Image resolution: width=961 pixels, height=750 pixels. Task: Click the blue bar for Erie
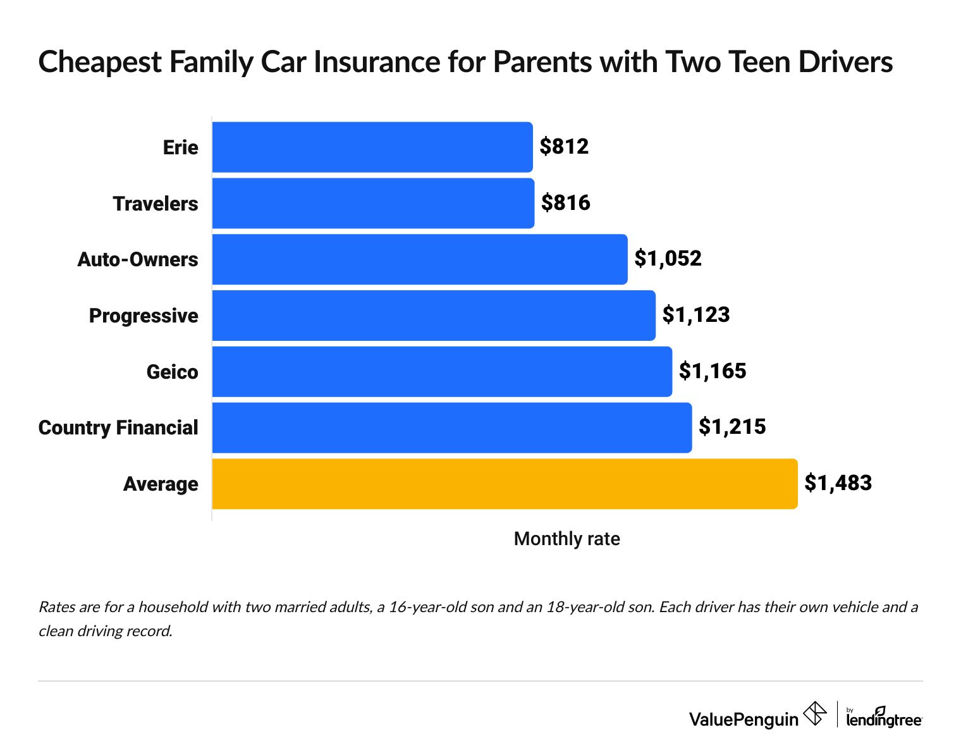coord(372,147)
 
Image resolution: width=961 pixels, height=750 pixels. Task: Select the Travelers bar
coord(373,203)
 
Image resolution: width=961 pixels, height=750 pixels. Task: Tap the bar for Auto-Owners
coord(420,259)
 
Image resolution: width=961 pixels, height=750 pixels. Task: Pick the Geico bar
coord(442,371)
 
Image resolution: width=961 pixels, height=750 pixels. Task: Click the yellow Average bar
coord(505,484)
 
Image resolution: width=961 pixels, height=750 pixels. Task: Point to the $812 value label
coord(564,147)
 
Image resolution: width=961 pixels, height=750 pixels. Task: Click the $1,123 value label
coord(696,315)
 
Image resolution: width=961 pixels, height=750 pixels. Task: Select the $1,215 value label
coord(732,427)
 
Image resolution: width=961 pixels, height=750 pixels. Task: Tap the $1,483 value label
coord(838,483)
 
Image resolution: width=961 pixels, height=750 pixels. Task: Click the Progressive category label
coord(144,316)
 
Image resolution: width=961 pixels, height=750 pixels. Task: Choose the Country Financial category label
coord(118,427)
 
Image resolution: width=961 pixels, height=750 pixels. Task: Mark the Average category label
coord(161,484)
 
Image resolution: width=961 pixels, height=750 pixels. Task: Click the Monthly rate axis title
coord(566,539)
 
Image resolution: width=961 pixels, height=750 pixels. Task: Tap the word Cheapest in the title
coord(101,63)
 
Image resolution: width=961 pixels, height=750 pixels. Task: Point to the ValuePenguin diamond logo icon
coord(814,715)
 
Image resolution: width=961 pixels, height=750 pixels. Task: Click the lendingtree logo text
coord(884,720)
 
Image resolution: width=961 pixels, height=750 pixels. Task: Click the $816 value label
coord(565,203)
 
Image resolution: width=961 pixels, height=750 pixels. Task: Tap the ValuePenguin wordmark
coord(744,719)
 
